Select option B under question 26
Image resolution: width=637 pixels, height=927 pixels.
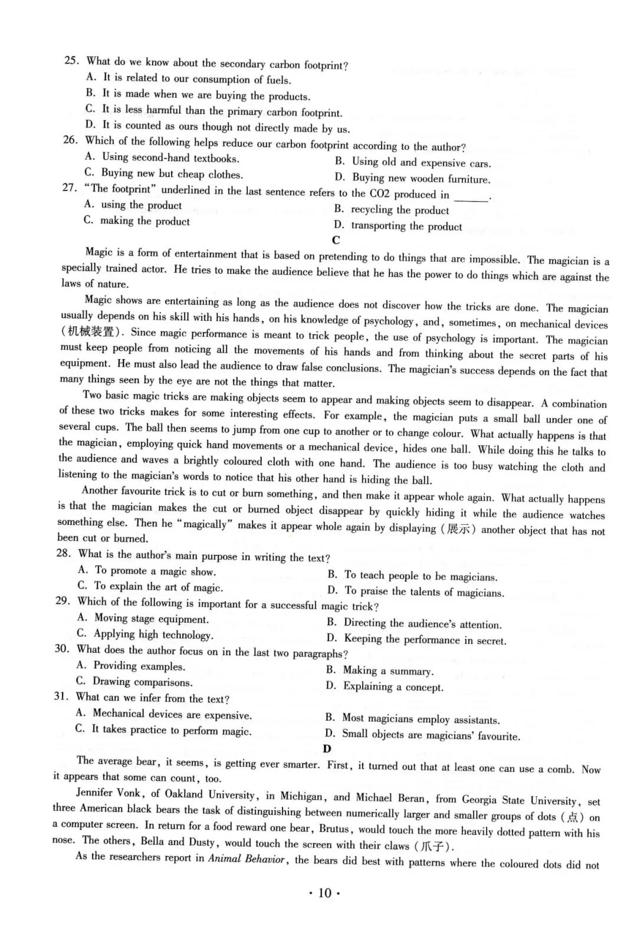[x=413, y=162]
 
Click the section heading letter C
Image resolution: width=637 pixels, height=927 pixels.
[x=336, y=240]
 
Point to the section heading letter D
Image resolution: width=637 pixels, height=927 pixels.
[x=327, y=748]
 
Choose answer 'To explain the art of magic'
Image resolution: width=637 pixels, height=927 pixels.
[x=151, y=587]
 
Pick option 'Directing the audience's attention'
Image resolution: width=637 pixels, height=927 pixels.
[x=415, y=623]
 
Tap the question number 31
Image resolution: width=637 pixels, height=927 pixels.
[x=61, y=696]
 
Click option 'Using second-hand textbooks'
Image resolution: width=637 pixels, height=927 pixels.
[x=163, y=157]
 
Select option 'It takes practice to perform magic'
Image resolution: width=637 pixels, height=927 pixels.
[x=164, y=730]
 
